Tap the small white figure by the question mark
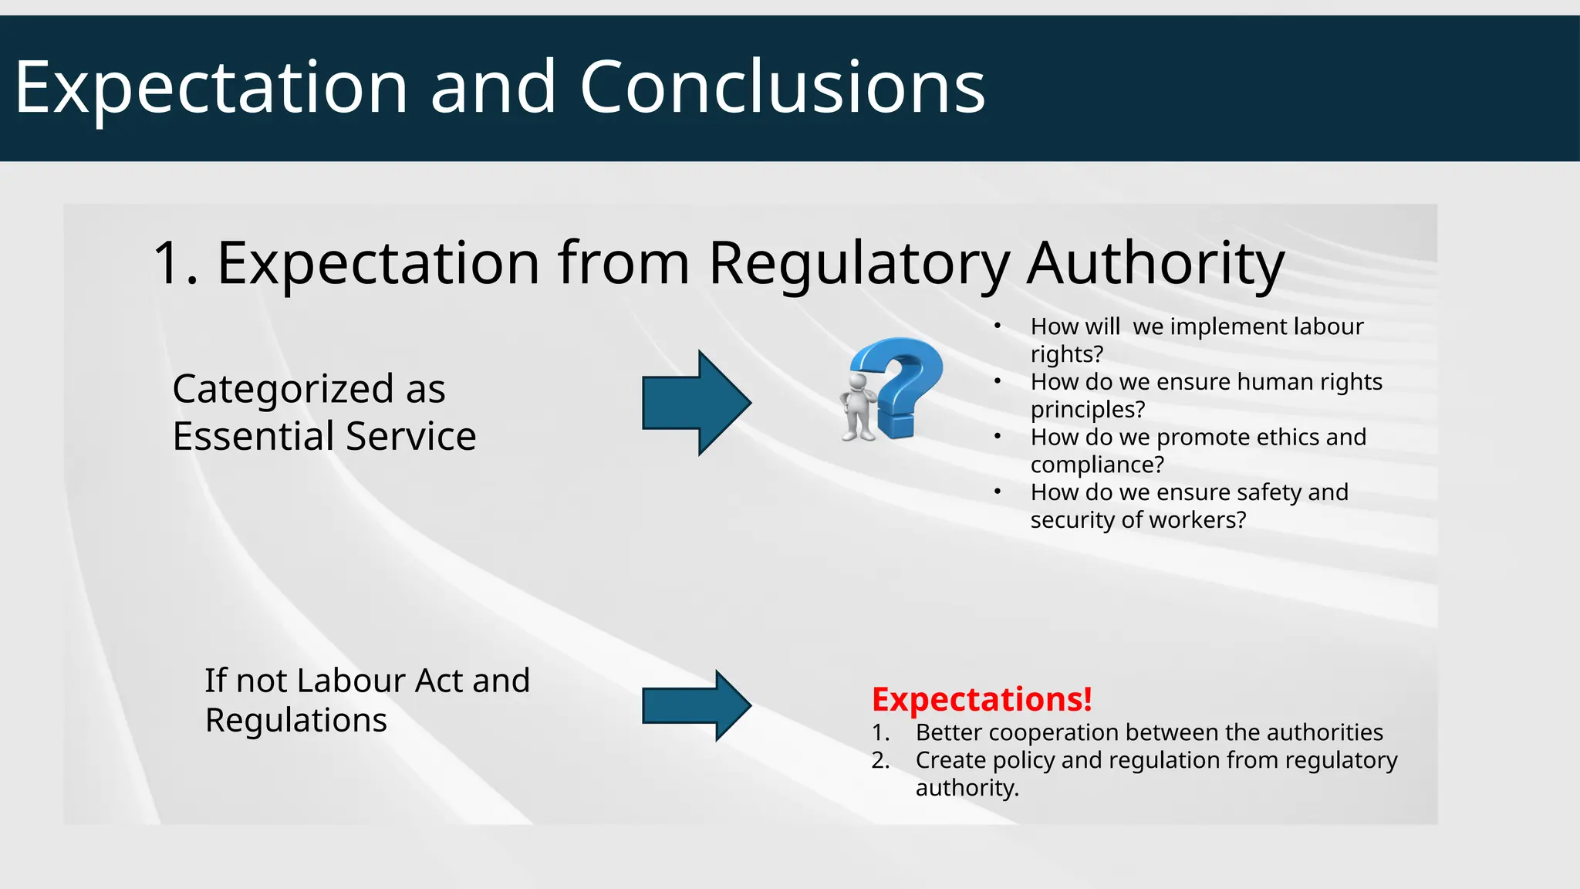(859, 407)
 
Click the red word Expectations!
(981, 699)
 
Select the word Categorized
(283, 388)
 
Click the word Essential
(254, 436)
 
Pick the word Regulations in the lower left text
(295, 720)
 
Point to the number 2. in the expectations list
(880, 760)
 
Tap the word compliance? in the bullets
(1097, 465)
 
